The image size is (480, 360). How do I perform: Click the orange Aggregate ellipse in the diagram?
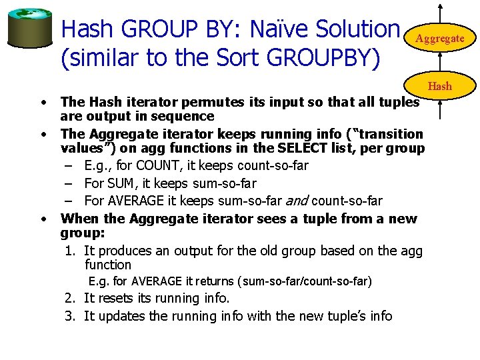point(440,38)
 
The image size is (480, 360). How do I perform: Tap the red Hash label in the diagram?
point(439,86)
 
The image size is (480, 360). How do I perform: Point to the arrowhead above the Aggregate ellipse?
point(440,6)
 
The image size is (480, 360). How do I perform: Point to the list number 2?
point(69,298)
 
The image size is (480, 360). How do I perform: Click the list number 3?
point(69,315)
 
